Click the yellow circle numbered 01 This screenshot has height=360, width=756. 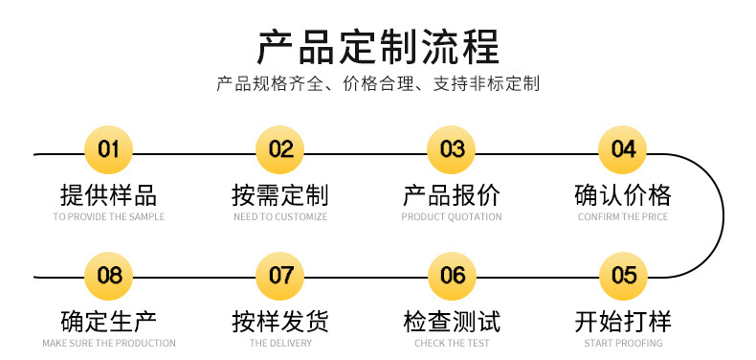coord(109,149)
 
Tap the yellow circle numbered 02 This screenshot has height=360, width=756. coord(280,149)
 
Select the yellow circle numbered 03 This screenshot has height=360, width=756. coord(452,149)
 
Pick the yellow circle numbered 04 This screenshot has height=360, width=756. coord(623,149)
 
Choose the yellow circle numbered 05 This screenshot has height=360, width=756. coord(623,276)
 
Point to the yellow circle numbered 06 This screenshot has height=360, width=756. coord(452,276)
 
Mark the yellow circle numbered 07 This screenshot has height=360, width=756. coord(280,276)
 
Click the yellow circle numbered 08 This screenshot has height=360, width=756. coord(109,276)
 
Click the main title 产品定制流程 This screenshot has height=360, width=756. coord(378,46)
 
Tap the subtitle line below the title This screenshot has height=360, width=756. coord(378,84)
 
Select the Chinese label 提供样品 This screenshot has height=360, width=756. coord(109,195)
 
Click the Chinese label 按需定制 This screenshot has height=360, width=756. coord(280,195)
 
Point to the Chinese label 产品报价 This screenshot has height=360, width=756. coord(452,195)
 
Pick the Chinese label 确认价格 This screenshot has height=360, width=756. coord(623,195)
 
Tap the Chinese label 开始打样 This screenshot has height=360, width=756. coord(623,322)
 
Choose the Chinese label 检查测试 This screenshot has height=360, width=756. coord(452,322)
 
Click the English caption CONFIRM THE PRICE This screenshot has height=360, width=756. coord(623,217)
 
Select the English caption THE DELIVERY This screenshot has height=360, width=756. coord(280,343)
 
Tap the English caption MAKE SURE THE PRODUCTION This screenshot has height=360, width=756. coord(109,343)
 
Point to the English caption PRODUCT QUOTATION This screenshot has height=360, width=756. coord(452,217)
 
